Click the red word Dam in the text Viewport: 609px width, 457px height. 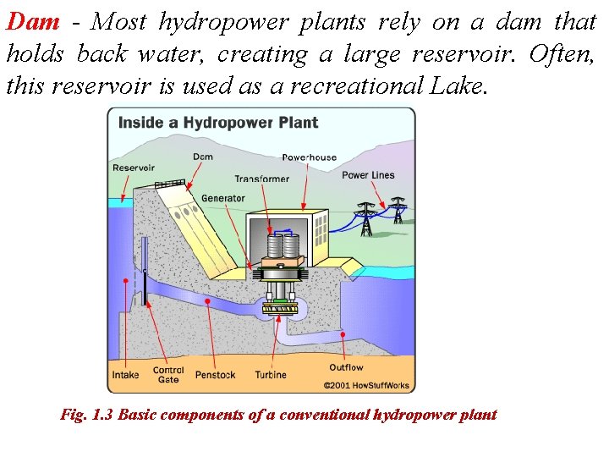(33, 22)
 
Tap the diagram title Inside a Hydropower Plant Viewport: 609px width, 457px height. (217, 123)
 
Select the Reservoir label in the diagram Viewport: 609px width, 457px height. (134, 168)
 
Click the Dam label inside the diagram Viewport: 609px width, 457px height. (203, 157)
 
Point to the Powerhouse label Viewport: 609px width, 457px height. (309, 157)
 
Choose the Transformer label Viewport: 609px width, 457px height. (261, 179)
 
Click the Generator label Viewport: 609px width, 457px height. (223, 199)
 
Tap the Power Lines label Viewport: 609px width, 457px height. (368, 175)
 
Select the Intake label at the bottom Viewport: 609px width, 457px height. (126, 375)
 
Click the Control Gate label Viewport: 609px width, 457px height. (168, 375)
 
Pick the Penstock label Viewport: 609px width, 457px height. (215, 375)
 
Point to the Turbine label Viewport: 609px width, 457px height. (271, 375)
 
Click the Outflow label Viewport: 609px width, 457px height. (346, 367)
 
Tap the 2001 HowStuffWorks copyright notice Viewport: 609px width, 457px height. (366, 386)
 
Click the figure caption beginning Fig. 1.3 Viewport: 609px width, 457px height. (278, 415)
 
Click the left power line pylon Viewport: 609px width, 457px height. (366, 221)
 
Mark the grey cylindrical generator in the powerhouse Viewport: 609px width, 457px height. (283, 246)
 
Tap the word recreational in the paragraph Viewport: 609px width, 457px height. (381, 85)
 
